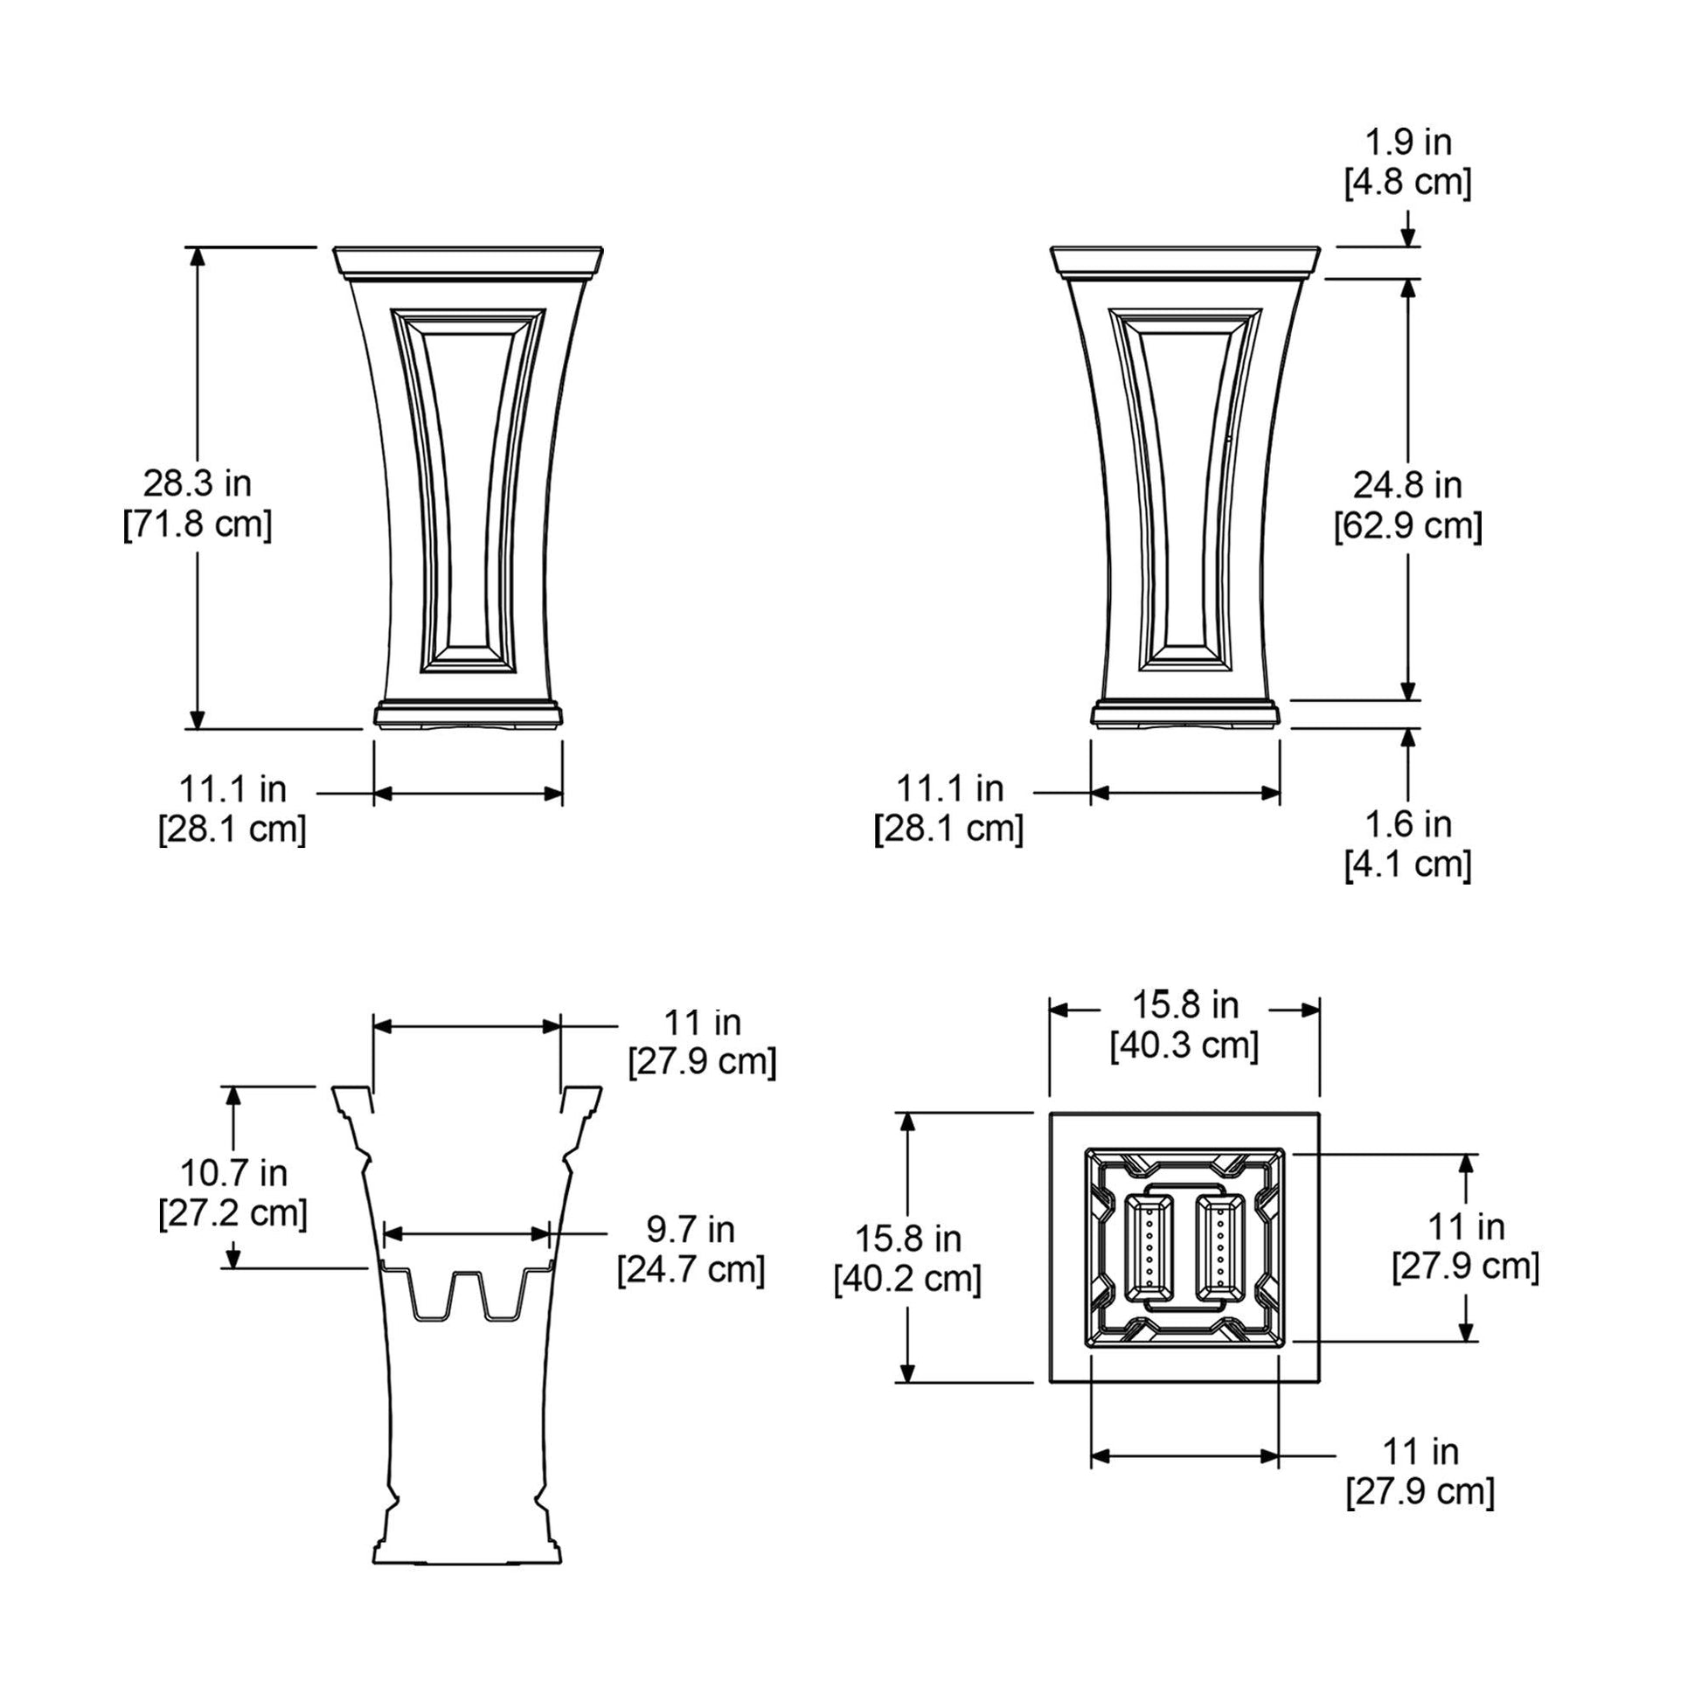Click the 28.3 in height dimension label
(x=198, y=483)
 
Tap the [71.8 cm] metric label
(x=198, y=524)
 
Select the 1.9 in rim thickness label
(x=1408, y=142)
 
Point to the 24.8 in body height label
(x=1408, y=484)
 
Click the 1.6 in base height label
(x=1408, y=824)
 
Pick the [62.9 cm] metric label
(x=1408, y=525)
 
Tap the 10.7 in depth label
(x=234, y=1173)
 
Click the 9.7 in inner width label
(x=691, y=1229)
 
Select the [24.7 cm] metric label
(x=691, y=1269)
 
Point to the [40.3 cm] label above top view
(x=1184, y=1045)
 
